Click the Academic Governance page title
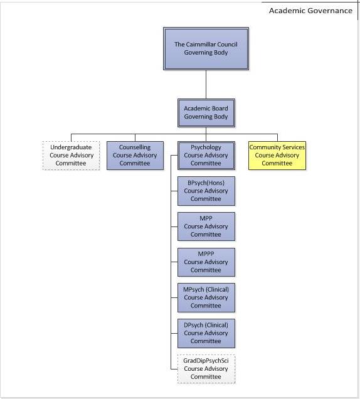(x=310, y=11)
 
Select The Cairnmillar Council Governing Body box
(x=206, y=48)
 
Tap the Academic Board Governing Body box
(x=206, y=113)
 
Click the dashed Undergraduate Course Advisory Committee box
(x=71, y=156)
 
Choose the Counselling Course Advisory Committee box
(x=135, y=156)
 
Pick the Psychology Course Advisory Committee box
(x=206, y=156)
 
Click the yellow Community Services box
(x=277, y=156)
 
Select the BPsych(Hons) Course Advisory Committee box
(x=206, y=191)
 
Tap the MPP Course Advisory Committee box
(x=206, y=226)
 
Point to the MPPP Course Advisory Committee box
(x=206, y=262)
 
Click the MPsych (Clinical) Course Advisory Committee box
(x=206, y=298)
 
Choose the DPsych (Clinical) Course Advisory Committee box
(x=206, y=333)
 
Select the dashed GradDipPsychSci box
(x=206, y=369)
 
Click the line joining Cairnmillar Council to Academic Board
(x=206, y=85)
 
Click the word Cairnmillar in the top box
(x=203, y=45)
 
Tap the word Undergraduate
(x=71, y=147)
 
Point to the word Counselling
(x=135, y=147)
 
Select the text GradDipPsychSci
(x=206, y=361)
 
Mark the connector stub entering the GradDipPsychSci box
(x=174, y=369)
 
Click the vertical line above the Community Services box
(x=277, y=137)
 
